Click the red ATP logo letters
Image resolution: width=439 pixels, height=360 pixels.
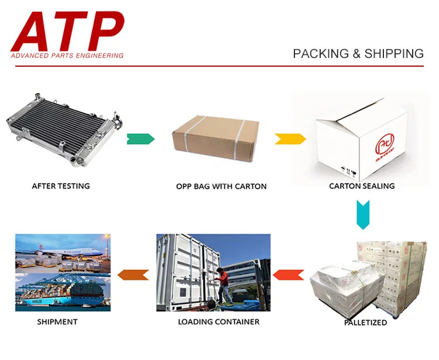67,30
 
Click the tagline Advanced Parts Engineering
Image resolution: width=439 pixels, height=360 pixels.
67,56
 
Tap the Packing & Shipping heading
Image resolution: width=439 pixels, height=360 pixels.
358,54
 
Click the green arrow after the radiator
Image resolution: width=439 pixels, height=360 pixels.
140,139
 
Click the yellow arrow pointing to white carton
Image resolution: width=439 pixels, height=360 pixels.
290,139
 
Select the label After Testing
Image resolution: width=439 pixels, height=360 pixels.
61,186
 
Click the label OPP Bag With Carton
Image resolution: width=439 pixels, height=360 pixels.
221,187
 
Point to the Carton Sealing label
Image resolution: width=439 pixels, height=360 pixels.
362,186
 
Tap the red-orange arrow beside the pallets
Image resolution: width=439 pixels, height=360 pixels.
289,273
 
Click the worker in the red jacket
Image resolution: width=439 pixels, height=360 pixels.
223,284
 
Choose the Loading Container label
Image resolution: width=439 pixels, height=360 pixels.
218,321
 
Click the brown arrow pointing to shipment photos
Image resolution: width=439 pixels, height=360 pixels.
133,273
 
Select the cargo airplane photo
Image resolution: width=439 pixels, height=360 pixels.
63,252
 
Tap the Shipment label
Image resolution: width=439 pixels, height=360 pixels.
57,321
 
